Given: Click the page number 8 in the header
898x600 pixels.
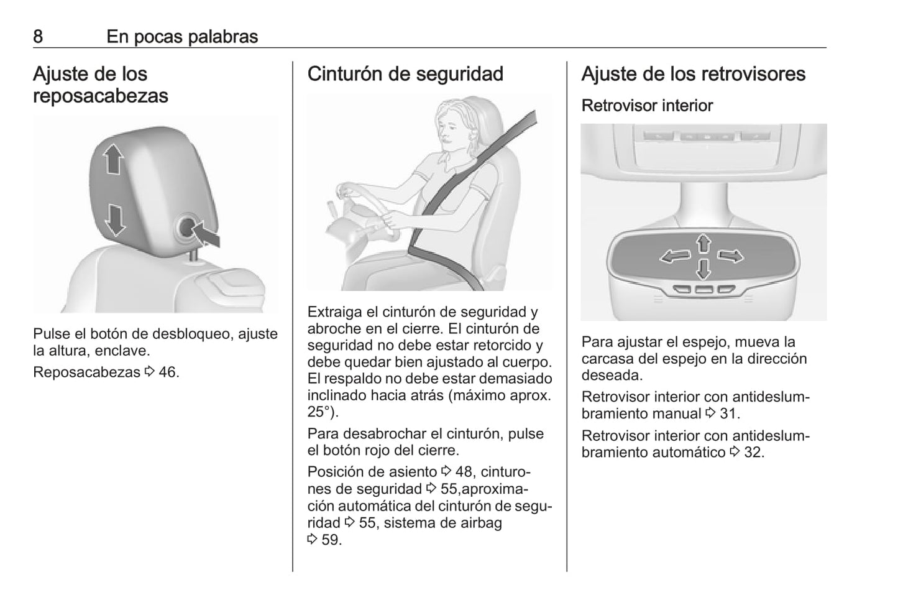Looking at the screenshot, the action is click(x=38, y=37).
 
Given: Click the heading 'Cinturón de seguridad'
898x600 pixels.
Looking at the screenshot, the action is click(x=405, y=74).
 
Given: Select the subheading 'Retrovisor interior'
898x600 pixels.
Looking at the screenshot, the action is click(x=647, y=106).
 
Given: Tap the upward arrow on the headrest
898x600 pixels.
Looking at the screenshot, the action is click(x=114, y=159).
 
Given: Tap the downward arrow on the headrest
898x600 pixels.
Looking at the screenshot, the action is click(x=116, y=220).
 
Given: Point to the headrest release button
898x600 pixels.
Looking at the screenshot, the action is click(x=187, y=228).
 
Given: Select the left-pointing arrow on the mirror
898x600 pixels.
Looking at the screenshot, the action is click(x=676, y=256).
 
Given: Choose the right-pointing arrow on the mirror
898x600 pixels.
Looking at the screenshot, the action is click(x=730, y=256).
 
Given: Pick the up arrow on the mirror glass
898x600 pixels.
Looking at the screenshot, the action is click(x=703, y=244).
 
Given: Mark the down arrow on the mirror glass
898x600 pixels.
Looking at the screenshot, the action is click(x=703, y=269).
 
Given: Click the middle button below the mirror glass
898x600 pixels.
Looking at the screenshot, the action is click(x=703, y=289).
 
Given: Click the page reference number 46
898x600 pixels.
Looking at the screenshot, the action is click(x=168, y=372).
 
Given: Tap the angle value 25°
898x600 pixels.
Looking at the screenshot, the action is click(x=320, y=412).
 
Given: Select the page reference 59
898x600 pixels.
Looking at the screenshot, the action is click(x=331, y=540).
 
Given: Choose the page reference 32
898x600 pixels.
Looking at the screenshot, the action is click(x=754, y=453).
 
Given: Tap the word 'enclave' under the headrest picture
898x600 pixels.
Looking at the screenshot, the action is click(x=122, y=351).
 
